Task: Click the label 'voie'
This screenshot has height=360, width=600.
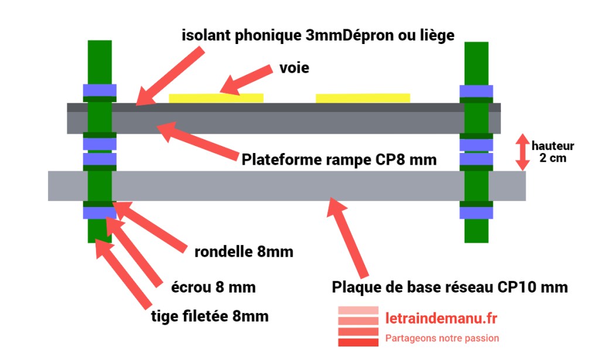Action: [x=294, y=69]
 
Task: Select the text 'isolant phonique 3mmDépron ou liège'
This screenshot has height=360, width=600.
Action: [x=318, y=35]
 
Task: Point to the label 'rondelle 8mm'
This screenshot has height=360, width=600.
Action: [x=244, y=252]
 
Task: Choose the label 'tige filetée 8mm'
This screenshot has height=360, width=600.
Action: [x=209, y=317]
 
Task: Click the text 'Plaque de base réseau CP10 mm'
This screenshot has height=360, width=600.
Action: [x=449, y=287]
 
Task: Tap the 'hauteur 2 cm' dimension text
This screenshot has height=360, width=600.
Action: [x=553, y=152]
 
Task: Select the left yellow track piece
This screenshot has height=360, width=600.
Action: [x=216, y=98]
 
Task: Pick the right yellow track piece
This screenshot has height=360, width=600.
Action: [x=363, y=98]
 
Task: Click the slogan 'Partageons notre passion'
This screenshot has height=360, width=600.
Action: [x=442, y=338]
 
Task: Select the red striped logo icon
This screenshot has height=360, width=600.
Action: [x=358, y=326]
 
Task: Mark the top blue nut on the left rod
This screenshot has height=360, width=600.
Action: [x=99, y=90]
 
